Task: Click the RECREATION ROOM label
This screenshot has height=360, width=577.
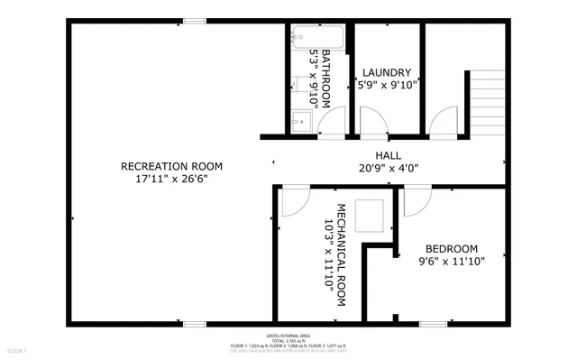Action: point(171,166)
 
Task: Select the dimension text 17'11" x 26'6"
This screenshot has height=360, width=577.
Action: point(171,179)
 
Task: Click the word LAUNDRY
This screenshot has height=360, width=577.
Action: point(387,72)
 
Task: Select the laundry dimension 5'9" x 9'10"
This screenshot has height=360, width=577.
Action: point(387,86)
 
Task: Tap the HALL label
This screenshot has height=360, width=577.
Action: point(389,155)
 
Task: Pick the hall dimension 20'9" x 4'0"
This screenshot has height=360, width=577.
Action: point(389,167)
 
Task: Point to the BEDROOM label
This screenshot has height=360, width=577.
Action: point(451,249)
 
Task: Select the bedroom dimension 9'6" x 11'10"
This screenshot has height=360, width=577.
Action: point(451,262)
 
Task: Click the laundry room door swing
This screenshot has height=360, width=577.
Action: point(371,122)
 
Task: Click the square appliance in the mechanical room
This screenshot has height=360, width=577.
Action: point(370,217)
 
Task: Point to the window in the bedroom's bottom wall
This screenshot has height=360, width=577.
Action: point(433,322)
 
